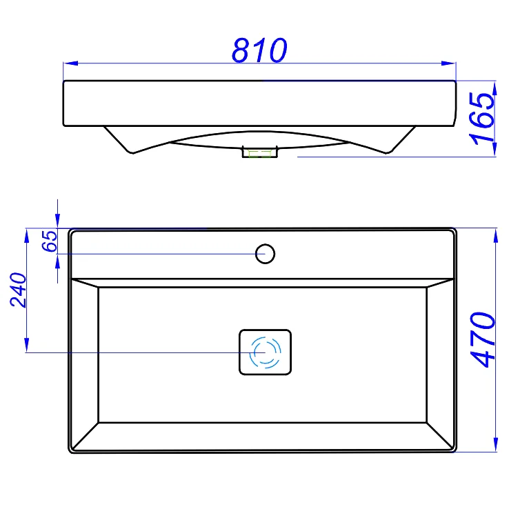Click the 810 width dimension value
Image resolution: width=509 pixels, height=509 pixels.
click(x=259, y=50)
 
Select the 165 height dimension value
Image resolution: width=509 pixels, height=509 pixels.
click(x=483, y=119)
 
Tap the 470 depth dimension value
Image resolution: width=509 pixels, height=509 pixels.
click(x=483, y=339)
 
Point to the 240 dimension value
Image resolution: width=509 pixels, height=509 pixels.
click(x=18, y=290)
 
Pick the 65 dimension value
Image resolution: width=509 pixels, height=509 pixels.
click(x=50, y=241)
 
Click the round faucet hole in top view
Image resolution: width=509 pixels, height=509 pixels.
click(x=266, y=254)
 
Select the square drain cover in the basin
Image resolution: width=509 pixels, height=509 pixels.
click(x=266, y=352)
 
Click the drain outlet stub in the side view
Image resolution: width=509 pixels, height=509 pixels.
click(x=260, y=152)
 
